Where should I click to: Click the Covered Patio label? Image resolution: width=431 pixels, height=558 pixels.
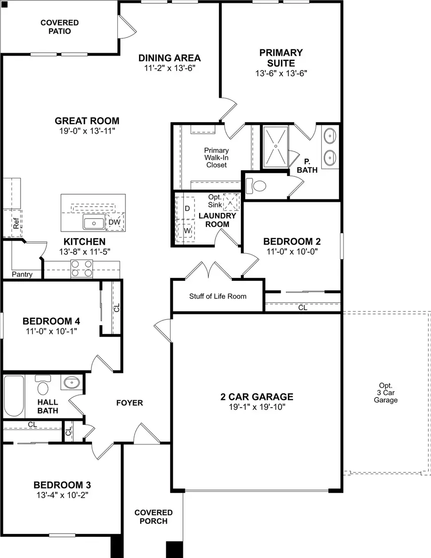click(59, 27)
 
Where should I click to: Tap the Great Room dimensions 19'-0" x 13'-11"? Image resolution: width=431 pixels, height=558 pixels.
click(87, 131)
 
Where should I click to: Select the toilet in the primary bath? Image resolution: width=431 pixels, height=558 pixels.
click(258, 186)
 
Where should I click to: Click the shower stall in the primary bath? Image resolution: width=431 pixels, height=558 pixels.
click(275, 147)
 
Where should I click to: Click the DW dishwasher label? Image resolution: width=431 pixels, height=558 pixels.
click(114, 222)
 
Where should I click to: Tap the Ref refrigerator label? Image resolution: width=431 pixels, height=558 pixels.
click(17, 223)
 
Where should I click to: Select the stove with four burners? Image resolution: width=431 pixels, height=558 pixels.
click(81, 268)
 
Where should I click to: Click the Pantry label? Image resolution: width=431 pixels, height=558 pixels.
click(23, 275)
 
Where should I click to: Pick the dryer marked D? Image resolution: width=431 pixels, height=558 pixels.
click(187, 209)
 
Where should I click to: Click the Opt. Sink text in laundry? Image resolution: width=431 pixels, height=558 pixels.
click(215, 201)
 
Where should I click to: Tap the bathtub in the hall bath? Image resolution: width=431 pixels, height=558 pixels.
click(13, 396)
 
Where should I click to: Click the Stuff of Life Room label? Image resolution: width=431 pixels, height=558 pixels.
click(217, 296)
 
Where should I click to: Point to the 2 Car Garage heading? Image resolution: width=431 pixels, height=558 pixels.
click(257, 397)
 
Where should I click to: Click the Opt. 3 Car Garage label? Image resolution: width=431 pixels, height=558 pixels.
click(386, 393)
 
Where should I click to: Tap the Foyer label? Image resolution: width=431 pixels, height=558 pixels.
click(129, 403)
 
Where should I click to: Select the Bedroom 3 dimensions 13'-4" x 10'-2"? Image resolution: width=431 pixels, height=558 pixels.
click(62, 494)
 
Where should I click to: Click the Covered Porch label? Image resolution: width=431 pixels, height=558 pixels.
click(153, 517)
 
